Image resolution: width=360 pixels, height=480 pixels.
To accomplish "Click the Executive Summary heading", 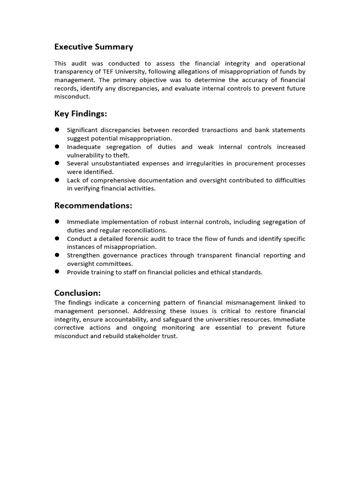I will click(x=94, y=47).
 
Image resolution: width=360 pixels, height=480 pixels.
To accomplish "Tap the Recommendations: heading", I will click(x=93, y=206).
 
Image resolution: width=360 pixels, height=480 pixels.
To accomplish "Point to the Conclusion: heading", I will click(x=77, y=293).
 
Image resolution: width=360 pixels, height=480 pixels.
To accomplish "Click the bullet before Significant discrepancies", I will click(x=57, y=129).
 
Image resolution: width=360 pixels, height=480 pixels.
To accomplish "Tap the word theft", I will click(x=120, y=155).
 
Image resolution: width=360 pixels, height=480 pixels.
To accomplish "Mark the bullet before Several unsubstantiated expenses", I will click(x=57, y=163).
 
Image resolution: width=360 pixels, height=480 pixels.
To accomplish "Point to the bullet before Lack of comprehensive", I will click(x=57, y=180).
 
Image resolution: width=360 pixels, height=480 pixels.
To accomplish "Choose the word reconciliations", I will click(x=142, y=230).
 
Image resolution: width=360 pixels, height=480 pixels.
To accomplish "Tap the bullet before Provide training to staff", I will click(x=57, y=272).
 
